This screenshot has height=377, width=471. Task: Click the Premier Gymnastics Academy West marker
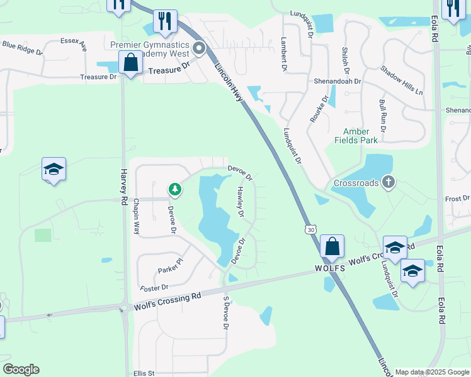point(200,48)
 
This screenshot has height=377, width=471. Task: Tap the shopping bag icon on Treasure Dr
point(130,63)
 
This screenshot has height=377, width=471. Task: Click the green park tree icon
point(175,189)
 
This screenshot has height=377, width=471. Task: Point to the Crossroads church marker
point(389,183)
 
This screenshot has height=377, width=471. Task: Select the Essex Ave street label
point(74,41)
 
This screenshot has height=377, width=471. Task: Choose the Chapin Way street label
point(136,219)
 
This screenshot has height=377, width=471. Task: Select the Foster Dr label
point(155,288)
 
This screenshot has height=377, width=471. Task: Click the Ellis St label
point(144,373)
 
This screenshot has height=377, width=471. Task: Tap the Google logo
point(21,369)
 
